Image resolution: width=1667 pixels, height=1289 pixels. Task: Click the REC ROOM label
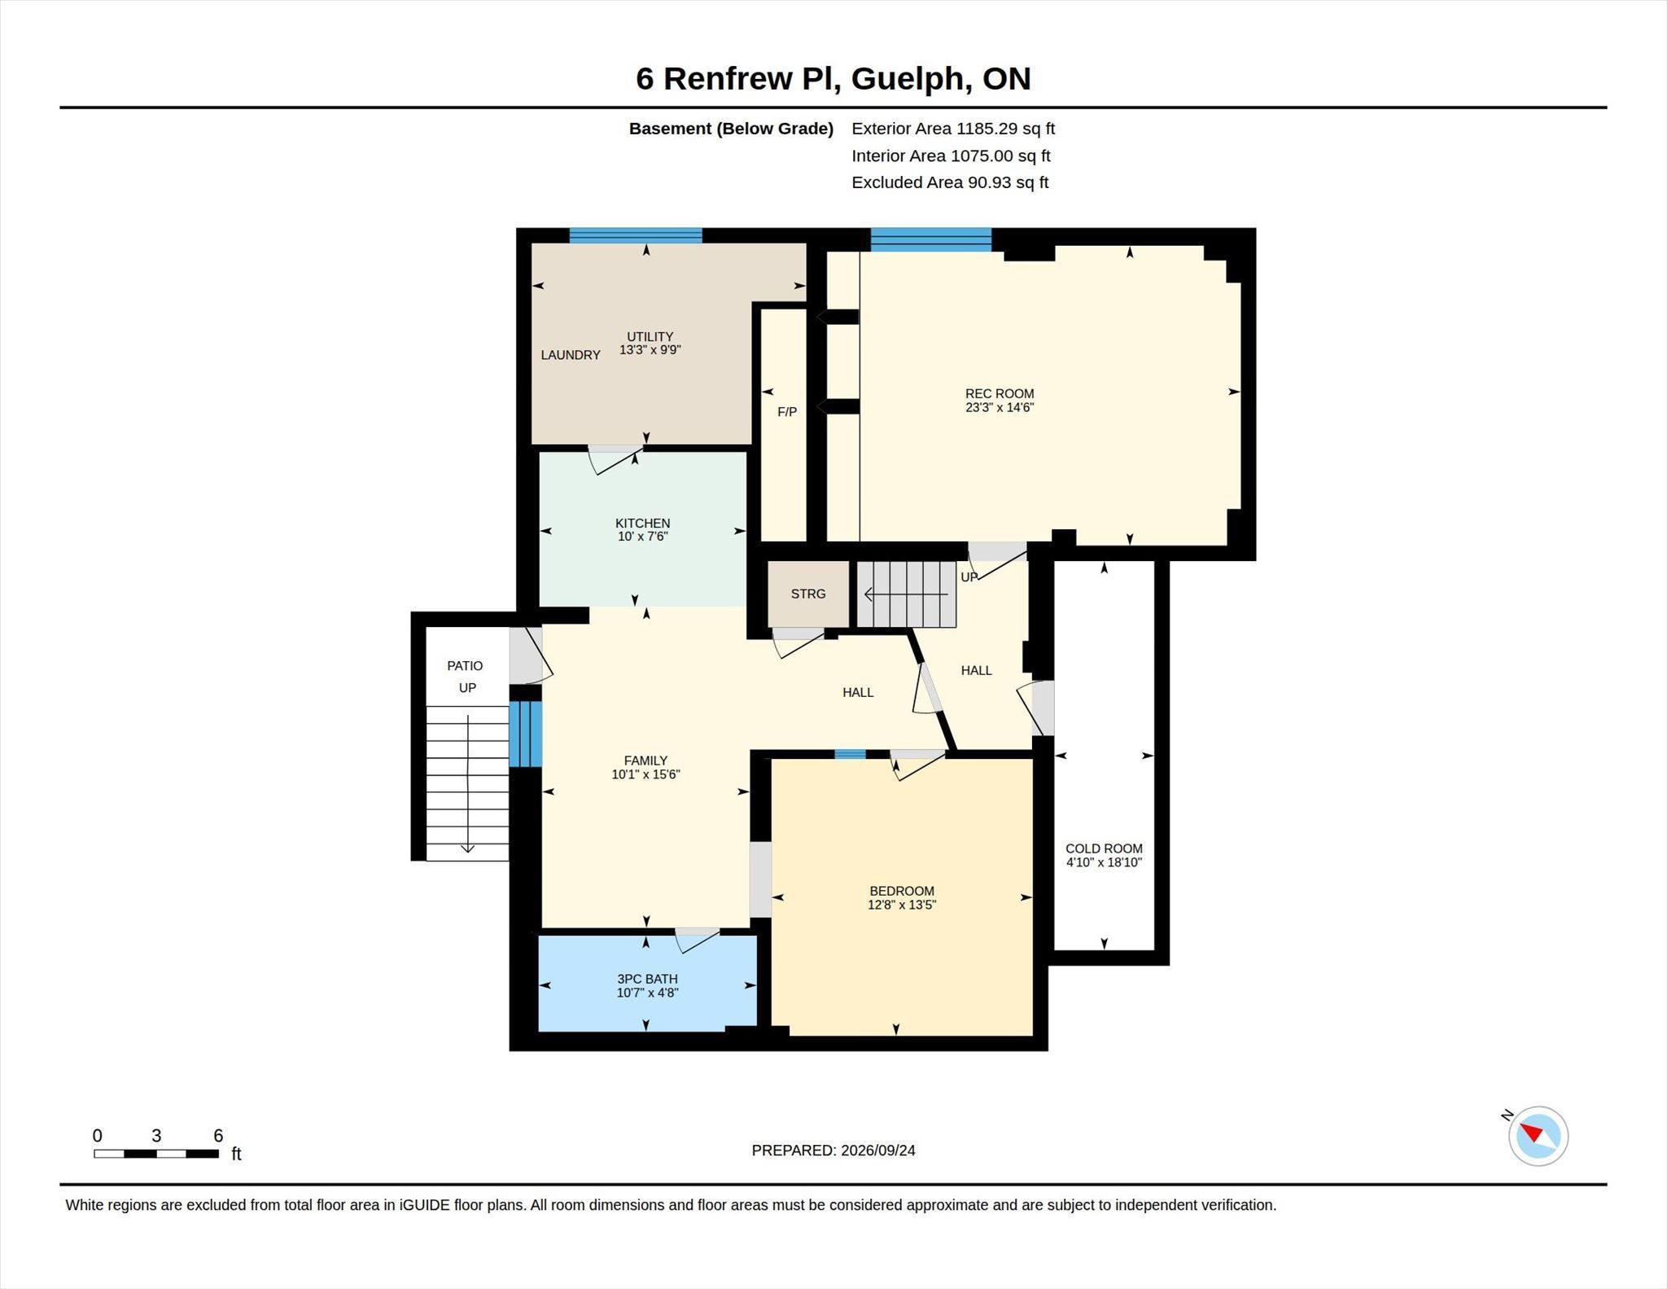coord(1000,393)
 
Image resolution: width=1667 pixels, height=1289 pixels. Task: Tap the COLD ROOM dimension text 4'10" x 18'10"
coord(1104,862)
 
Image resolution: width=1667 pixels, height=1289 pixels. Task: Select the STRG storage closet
coord(808,594)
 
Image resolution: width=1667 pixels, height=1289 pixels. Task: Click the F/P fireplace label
coord(787,412)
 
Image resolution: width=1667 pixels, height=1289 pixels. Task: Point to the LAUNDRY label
coord(571,355)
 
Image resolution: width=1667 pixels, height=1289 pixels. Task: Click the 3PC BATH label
coord(647,979)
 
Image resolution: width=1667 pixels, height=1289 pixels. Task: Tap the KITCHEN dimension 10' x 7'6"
coord(643,537)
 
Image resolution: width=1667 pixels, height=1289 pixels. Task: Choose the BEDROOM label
coord(902,891)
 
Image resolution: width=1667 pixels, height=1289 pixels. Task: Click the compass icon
coord(1538,1136)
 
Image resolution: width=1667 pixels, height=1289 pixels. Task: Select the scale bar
coord(156,1153)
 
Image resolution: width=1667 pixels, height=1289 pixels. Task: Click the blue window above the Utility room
coord(636,235)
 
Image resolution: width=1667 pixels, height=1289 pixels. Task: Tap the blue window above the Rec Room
coord(931,239)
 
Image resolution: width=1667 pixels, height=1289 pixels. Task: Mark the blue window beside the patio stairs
coord(526,734)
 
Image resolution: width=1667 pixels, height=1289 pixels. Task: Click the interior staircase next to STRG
coord(906,594)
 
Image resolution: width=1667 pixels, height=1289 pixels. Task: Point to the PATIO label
coord(465,666)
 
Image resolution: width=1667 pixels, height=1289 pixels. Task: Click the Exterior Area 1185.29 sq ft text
coord(953,129)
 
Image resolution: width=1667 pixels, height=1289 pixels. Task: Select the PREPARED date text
coord(833,1151)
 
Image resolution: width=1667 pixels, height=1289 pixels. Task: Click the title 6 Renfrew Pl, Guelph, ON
coord(833,78)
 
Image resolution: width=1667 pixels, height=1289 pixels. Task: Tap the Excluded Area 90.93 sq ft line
coord(950,182)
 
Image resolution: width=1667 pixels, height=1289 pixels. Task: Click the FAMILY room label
coord(645,761)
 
